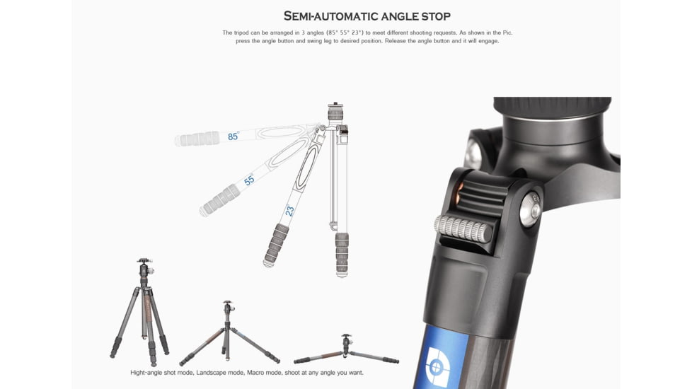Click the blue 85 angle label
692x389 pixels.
[x=233, y=137]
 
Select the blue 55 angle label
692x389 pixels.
[x=249, y=181]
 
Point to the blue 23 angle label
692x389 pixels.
[x=289, y=210]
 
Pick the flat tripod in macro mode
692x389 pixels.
[x=346, y=350]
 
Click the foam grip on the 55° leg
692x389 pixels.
[x=221, y=199]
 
